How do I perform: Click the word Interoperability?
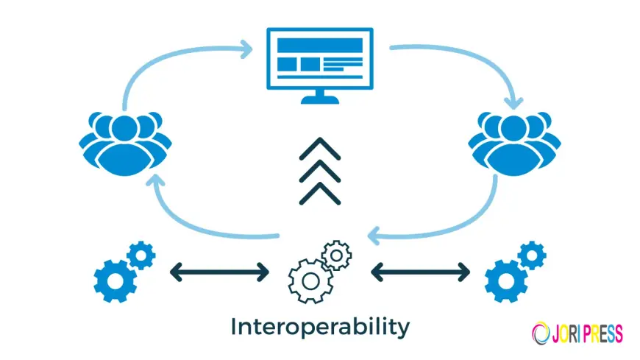[x=319, y=326]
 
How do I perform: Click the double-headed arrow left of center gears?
[x=219, y=272]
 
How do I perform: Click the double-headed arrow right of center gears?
[x=420, y=272]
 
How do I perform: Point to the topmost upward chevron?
[x=319, y=149]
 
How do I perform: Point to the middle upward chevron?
[x=319, y=172]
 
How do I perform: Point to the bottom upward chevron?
[x=319, y=193]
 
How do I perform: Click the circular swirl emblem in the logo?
[x=539, y=333]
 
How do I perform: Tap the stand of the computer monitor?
[x=319, y=96]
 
